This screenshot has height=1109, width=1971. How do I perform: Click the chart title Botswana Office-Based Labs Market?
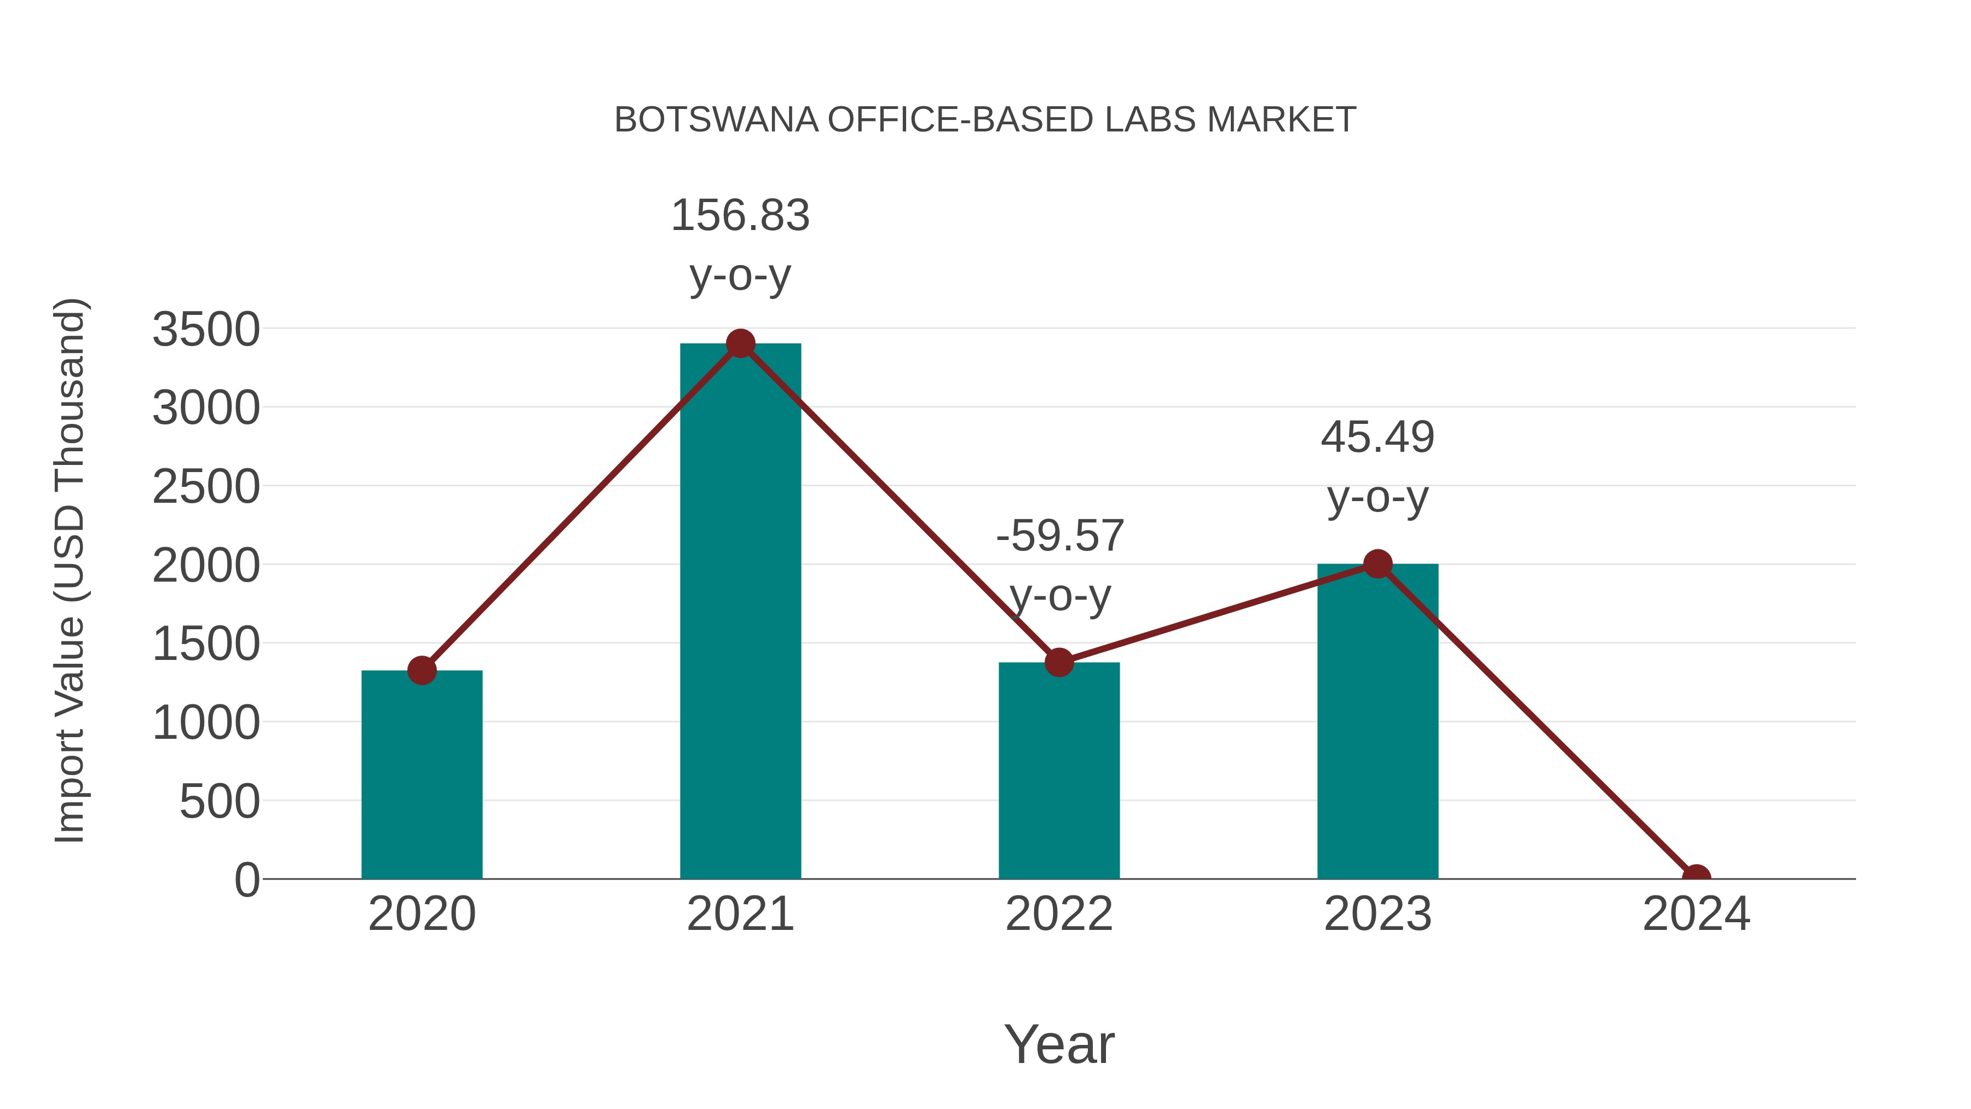[985, 120]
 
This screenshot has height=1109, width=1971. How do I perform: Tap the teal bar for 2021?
[740, 612]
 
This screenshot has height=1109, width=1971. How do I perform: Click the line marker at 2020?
[422, 670]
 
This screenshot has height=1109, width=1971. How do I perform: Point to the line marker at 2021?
[740, 343]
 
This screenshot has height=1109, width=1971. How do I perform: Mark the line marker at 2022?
[1059, 662]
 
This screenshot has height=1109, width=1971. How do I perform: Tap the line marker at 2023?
[1378, 564]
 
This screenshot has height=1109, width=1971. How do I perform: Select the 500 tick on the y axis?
[220, 802]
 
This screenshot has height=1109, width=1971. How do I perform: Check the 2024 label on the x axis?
[1696, 914]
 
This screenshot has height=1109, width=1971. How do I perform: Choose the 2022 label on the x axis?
[1059, 914]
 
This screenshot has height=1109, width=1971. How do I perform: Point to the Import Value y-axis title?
[70, 570]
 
